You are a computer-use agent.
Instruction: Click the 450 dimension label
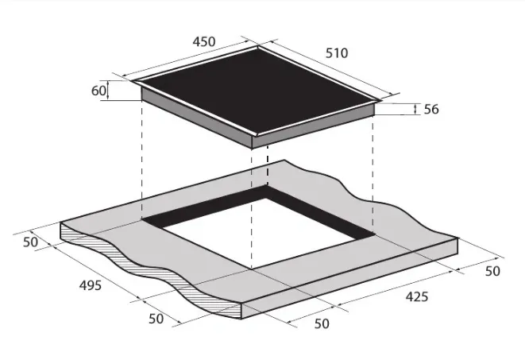(x=204, y=41)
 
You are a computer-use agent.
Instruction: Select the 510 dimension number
(x=337, y=53)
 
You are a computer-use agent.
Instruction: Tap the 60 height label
(x=98, y=91)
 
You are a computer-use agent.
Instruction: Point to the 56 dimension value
(x=431, y=109)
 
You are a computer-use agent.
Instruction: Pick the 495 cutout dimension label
(x=91, y=285)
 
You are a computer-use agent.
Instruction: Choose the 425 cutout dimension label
(x=417, y=296)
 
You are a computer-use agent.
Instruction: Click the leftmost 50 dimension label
(x=30, y=242)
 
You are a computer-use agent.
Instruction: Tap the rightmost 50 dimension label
(x=492, y=271)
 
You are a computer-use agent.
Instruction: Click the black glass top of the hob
(x=258, y=91)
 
